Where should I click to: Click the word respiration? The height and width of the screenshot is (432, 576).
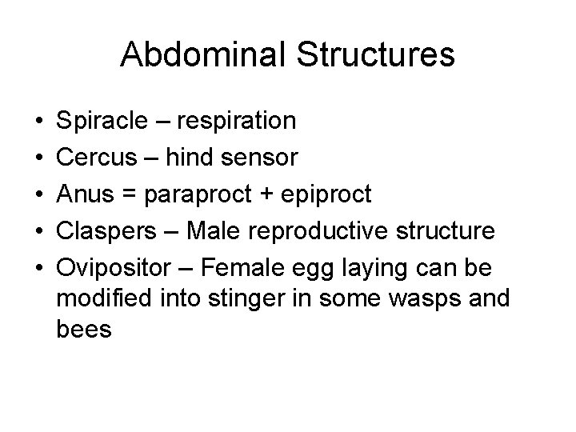pos(238,122)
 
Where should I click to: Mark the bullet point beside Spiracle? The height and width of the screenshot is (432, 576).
pos(40,122)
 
